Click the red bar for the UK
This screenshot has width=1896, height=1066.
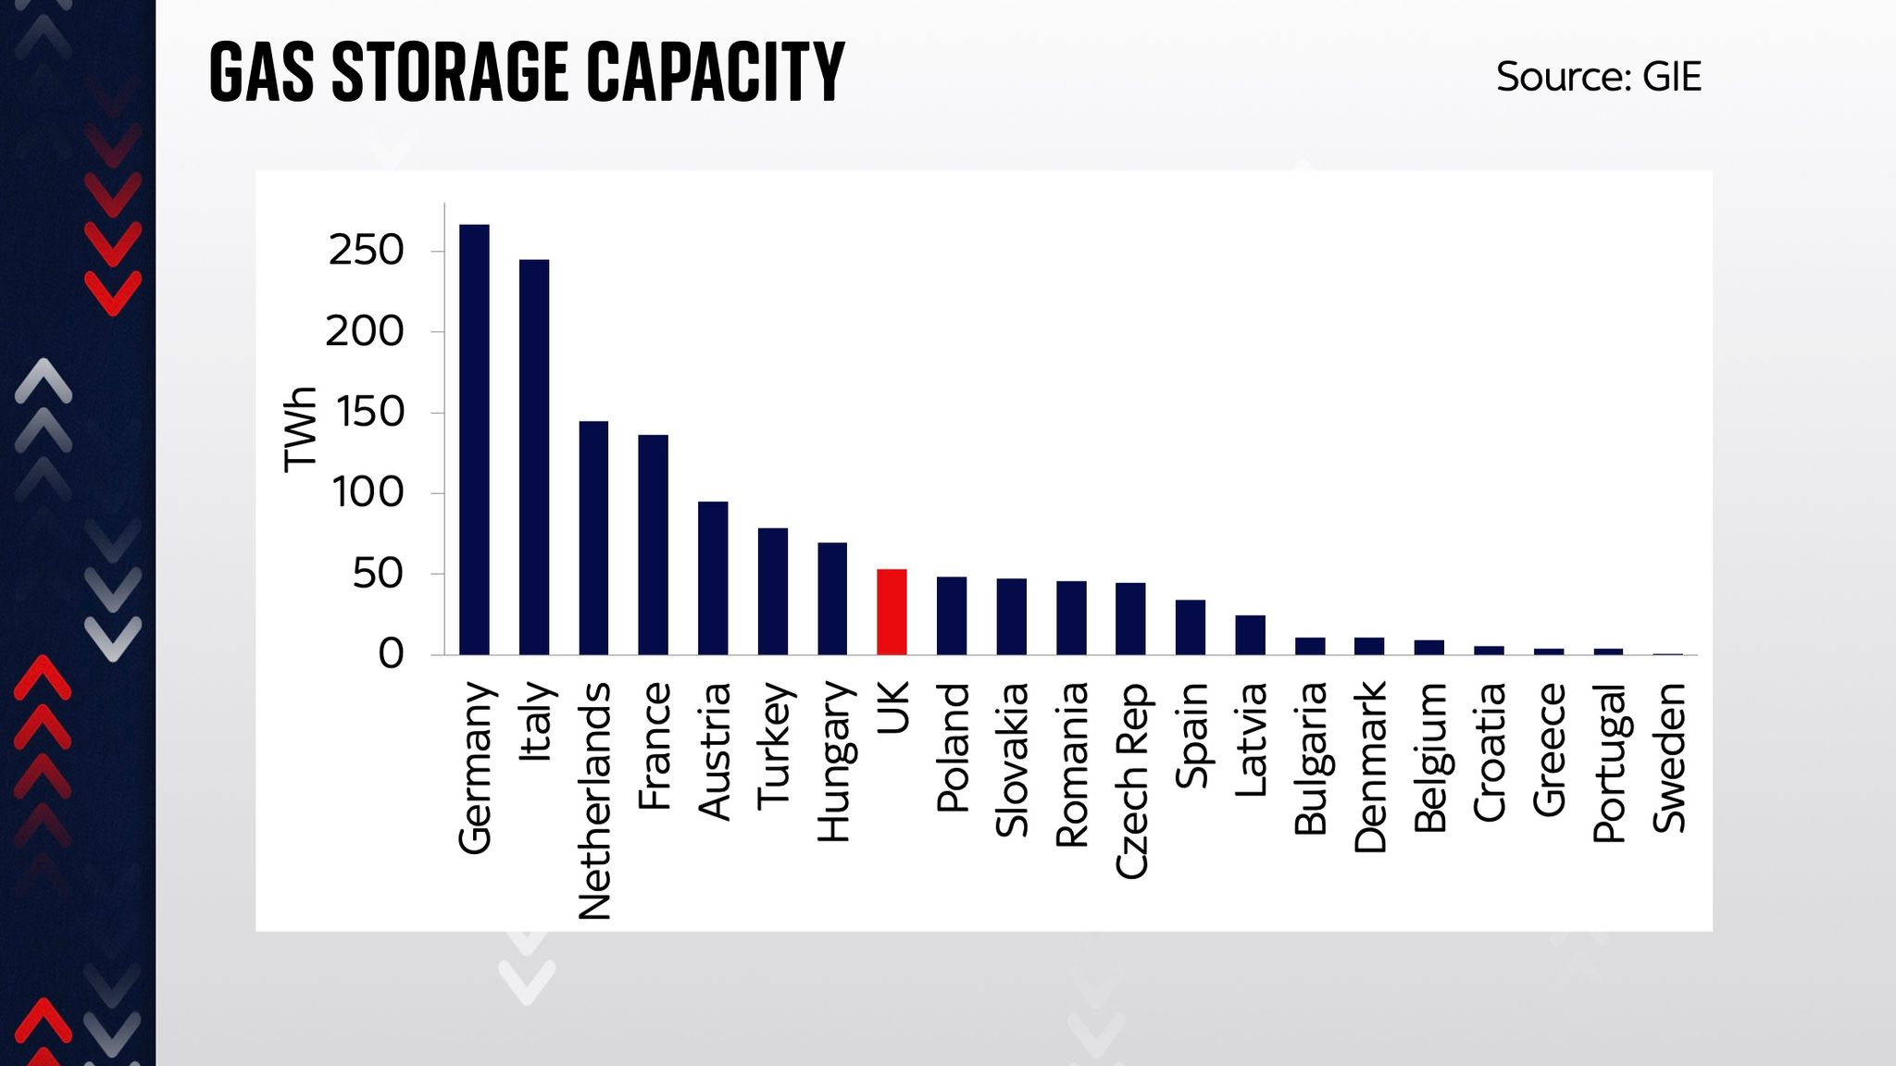pos(892,612)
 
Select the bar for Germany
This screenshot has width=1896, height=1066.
pos(474,440)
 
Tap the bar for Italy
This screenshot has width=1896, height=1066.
pos(534,457)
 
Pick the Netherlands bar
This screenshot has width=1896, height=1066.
pos(593,538)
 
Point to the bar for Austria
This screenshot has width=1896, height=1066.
pos(713,578)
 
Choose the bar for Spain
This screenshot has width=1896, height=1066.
pos(1191,627)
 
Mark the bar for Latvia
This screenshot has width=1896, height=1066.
pos(1250,635)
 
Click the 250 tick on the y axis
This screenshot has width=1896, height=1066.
pos(367,251)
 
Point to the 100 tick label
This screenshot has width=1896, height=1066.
pos(368,492)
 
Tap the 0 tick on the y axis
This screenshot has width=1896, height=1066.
pos(391,654)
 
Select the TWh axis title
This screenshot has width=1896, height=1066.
pos(300,429)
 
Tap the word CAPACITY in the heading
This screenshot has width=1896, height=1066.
pos(716,72)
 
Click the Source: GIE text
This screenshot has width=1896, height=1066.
pos(1599,77)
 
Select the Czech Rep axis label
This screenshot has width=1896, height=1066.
pos(1131,780)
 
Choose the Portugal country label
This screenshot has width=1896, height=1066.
pos(1609,762)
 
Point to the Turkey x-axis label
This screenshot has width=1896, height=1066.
pos(773,746)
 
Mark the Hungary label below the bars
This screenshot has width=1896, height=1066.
pos(833,762)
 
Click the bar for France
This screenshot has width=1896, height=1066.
pos(653,545)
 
